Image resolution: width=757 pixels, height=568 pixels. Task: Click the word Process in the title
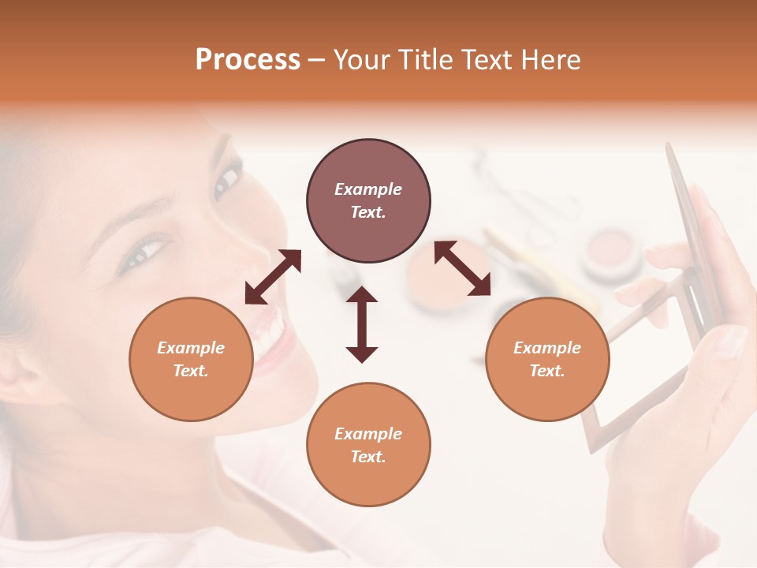pos(248,60)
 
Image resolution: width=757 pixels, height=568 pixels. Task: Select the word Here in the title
pos(551,60)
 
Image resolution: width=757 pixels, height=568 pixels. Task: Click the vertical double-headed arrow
pos(362,324)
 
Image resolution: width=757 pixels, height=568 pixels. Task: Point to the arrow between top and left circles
pos(273,277)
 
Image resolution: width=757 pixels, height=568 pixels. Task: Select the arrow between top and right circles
pos(463,268)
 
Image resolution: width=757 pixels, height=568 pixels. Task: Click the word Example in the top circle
pos(368,189)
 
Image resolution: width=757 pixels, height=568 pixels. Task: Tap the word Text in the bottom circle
pos(367,457)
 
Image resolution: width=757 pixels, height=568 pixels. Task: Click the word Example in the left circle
pos(191,348)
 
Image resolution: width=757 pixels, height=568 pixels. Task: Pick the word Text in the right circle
pos(546,371)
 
